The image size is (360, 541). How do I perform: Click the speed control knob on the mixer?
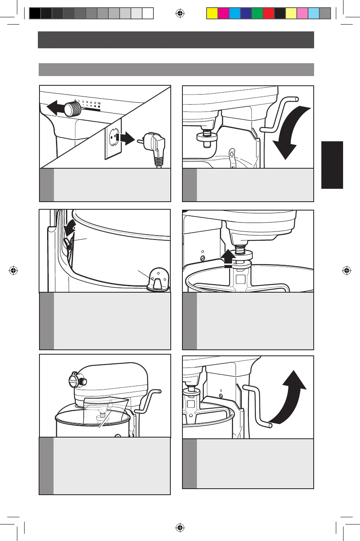click(73, 108)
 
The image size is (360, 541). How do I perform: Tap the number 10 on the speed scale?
click(99, 103)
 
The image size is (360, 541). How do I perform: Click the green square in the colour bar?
click(257, 14)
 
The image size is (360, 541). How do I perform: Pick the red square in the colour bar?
click(268, 14)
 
